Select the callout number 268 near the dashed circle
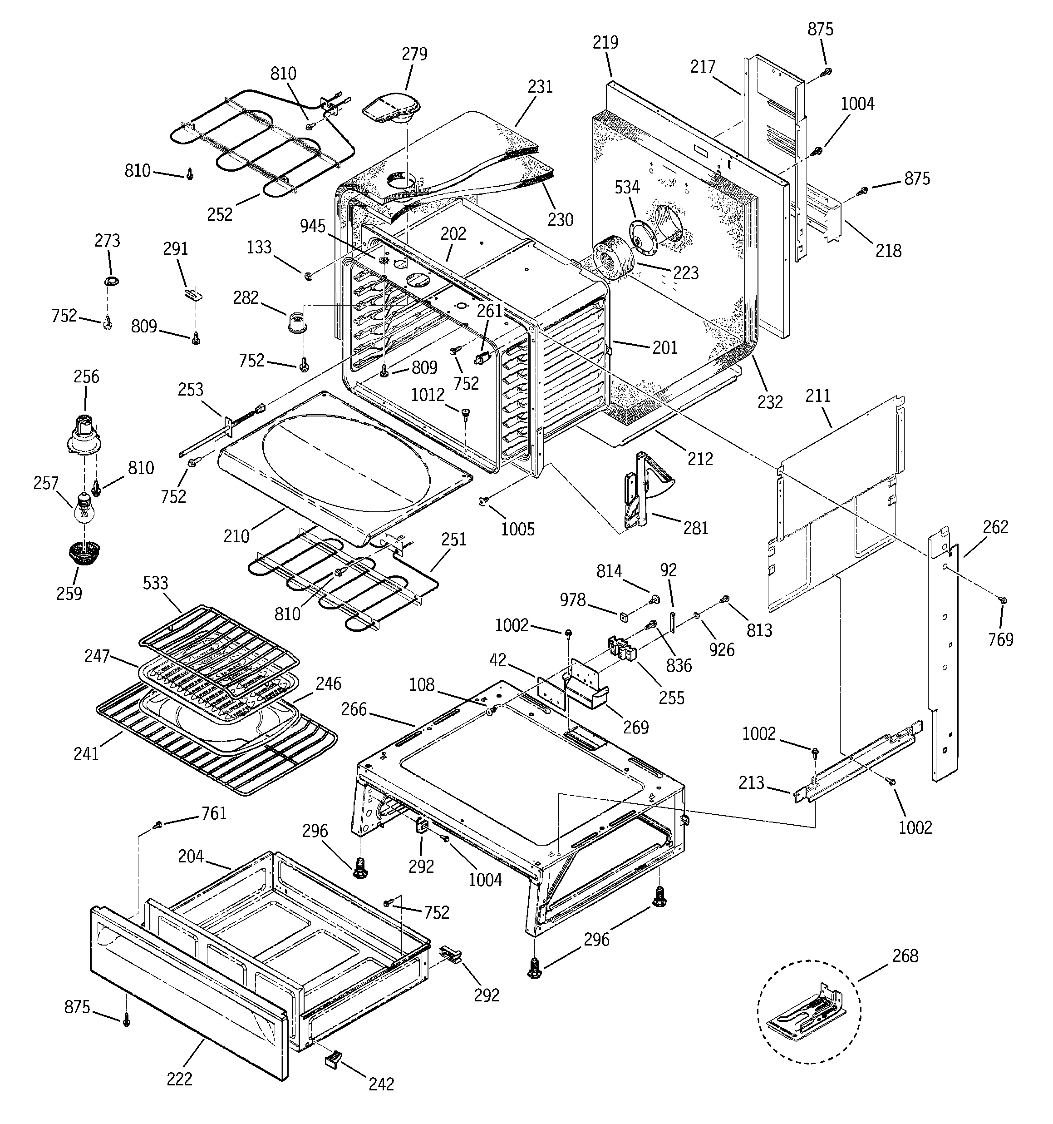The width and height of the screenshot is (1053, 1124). click(x=905, y=956)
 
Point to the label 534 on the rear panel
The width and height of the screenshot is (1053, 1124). click(x=627, y=188)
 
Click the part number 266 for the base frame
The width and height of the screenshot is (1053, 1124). click(x=354, y=709)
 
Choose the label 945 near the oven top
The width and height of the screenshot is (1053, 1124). click(x=313, y=227)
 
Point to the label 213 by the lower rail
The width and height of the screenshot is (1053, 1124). click(x=751, y=783)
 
